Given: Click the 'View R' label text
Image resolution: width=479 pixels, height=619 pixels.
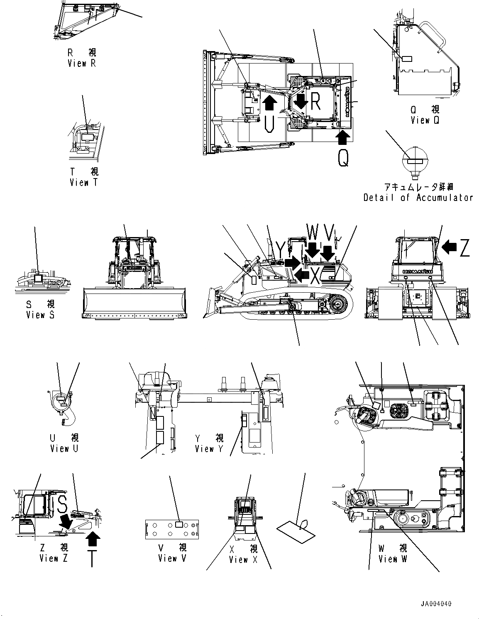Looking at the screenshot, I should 82,64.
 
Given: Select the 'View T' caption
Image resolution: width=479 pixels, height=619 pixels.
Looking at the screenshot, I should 84,182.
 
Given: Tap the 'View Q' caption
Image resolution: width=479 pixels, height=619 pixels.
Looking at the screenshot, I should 425,120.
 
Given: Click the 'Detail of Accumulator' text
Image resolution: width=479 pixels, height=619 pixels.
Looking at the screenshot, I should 418,198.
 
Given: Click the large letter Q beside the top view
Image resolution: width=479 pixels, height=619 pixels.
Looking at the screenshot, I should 343,158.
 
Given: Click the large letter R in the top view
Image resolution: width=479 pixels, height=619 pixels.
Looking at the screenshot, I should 315,101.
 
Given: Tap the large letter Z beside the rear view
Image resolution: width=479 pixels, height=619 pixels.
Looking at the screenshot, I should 464,248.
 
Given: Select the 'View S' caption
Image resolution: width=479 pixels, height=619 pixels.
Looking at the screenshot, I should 40,315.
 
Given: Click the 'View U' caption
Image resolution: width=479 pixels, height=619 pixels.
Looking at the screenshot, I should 64,448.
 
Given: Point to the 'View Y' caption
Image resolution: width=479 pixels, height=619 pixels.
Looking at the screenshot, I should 209,449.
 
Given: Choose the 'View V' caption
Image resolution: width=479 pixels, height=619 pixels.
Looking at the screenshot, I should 172,558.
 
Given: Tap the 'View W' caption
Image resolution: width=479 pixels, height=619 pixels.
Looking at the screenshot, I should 393,559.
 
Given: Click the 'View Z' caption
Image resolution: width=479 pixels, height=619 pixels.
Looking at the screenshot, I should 54,558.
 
